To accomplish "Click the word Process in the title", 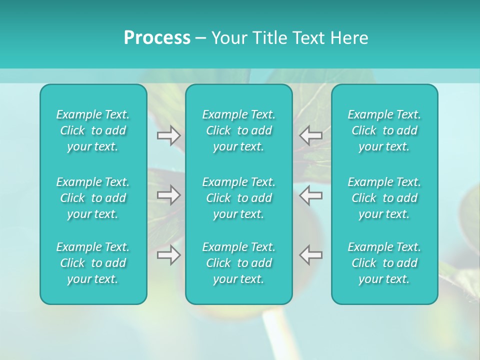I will point(157,38).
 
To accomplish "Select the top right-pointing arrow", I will point(168,135).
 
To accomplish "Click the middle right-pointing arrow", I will point(168,194).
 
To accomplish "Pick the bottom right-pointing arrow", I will point(168,254).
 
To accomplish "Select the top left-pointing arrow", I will point(310,135).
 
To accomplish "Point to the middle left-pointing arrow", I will point(310,194).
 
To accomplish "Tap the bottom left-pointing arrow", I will point(310,254).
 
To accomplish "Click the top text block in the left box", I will point(93,130).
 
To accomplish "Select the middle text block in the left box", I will point(93,198).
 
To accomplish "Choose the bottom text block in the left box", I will point(93,263).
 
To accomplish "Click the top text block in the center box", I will point(238,130).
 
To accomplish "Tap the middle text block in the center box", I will point(238,198).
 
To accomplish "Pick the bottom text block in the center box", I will point(238,263).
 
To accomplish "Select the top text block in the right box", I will point(384,130).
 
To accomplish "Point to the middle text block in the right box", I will point(384,198).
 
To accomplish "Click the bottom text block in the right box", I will point(384,263).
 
